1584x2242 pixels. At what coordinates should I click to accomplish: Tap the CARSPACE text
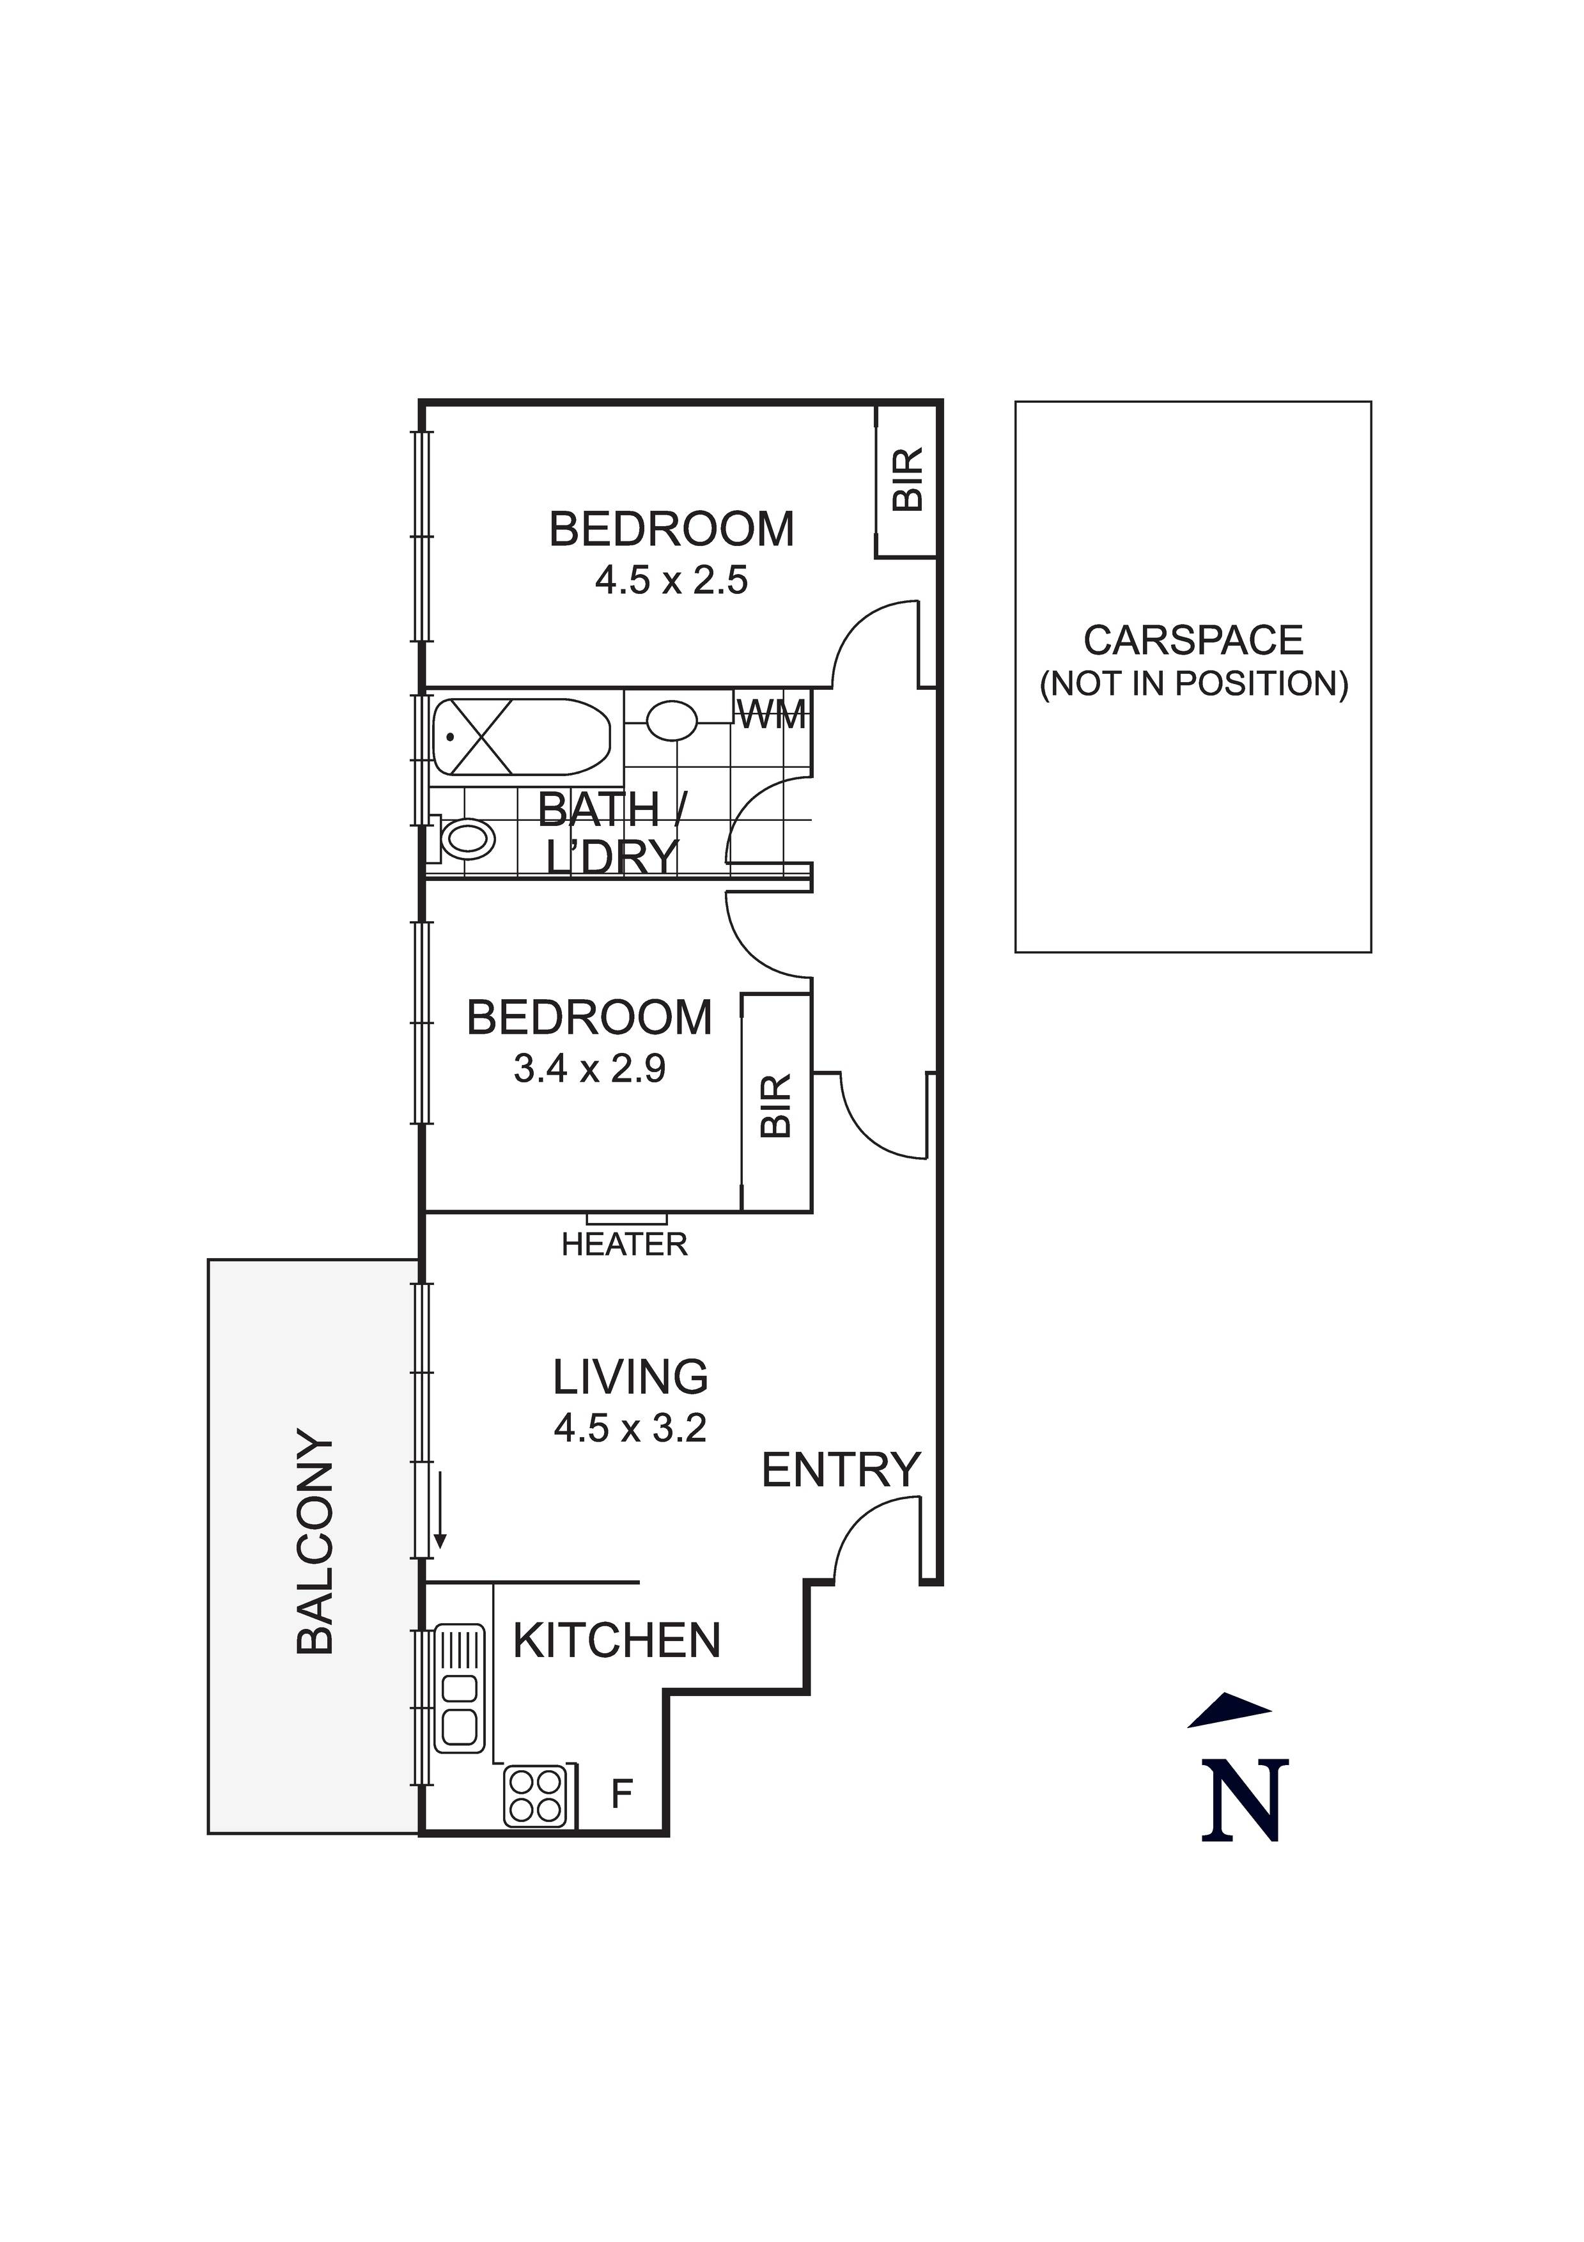[x=1193, y=641]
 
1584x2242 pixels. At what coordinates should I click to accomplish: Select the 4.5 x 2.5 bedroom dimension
[x=671, y=581]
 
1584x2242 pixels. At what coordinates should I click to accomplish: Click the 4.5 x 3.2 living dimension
[x=630, y=1429]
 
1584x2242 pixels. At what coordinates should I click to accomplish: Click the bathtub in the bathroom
[x=520, y=739]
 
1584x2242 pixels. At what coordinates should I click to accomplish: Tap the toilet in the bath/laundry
[x=465, y=839]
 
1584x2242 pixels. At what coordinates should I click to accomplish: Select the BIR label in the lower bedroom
[x=775, y=1107]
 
